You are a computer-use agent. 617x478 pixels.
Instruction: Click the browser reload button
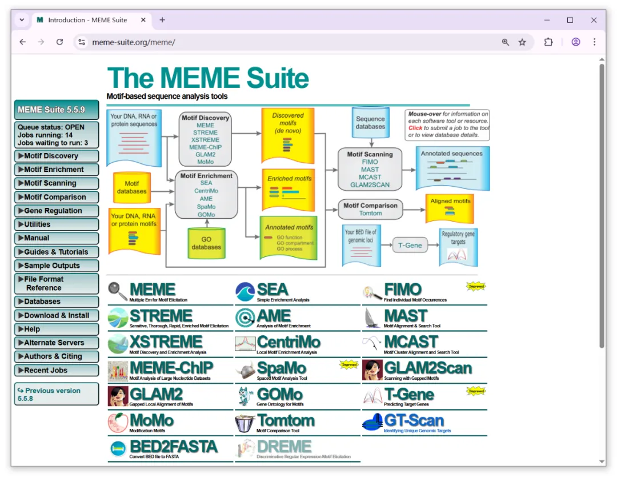(59, 42)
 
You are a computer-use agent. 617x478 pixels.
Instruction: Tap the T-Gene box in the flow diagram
(410, 245)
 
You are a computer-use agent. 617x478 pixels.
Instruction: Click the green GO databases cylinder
(206, 243)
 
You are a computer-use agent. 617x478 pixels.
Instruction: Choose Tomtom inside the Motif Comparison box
(370, 213)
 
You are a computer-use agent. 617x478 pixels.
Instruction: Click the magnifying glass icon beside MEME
(118, 291)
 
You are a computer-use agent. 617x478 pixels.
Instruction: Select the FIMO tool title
(403, 289)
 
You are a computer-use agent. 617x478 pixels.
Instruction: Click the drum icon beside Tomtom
(245, 423)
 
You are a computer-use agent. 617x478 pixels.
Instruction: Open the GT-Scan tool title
(414, 421)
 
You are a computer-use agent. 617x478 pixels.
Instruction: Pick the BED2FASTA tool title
(173, 447)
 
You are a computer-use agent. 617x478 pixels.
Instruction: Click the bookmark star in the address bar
(522, 42)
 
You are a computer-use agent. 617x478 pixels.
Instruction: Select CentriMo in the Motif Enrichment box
(206, 191)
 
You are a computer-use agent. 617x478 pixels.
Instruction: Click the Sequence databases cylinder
(370, 123)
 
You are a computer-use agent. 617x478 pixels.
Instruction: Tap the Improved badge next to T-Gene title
(476, 391)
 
